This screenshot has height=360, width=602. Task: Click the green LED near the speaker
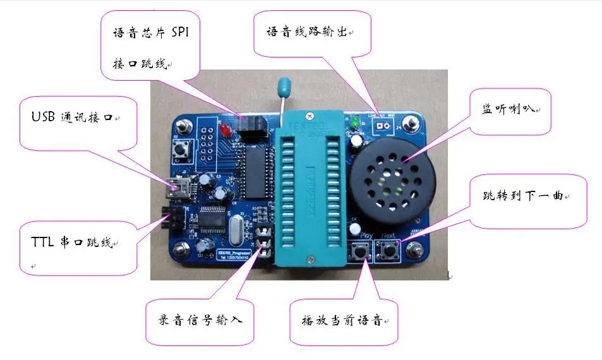tap(355, 121)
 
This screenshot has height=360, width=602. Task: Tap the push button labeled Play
tap(364, 252)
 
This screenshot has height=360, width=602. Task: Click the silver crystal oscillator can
tap(232, 225)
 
